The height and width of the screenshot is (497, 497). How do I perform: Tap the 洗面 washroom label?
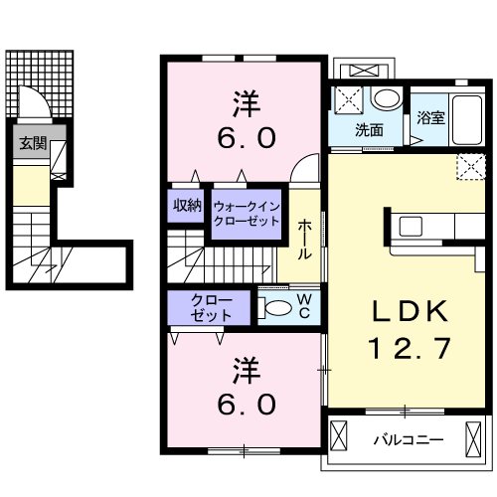pos(370,129)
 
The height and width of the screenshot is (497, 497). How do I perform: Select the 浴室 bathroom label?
pos(430,117)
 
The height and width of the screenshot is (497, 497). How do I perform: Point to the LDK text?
pos(410,314)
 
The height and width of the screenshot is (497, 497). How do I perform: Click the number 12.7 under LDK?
pos(411,348)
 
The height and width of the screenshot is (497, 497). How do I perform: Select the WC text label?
pos(305,306)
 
